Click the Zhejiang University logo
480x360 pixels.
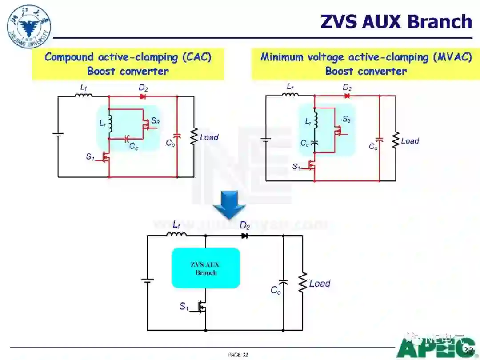[29, 27]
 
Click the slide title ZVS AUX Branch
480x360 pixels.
[396, 21]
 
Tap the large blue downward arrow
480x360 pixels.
[229, 205]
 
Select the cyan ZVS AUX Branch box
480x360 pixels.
[206, 268]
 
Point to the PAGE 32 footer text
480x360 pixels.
[238, 354]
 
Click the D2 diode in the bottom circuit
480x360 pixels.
[244, 236]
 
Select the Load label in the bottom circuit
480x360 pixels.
[320, 284]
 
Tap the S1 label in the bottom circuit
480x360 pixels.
[184, 306]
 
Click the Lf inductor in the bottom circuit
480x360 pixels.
[176, 234]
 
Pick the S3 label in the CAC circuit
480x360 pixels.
[155, 121]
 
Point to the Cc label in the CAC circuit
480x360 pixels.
[133, 146]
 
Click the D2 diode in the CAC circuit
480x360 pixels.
[143, 96]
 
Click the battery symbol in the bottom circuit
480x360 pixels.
[147, 280]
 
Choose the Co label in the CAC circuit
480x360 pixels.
[170, 143]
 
